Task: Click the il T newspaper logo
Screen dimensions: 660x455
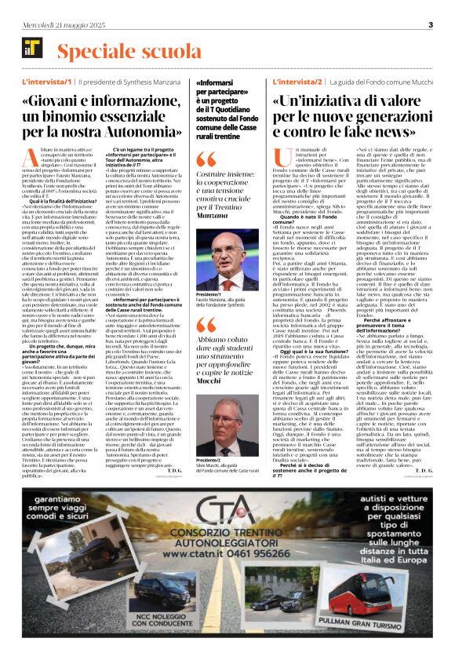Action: pos(34,52)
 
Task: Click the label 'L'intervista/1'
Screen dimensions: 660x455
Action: pos(47,82)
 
